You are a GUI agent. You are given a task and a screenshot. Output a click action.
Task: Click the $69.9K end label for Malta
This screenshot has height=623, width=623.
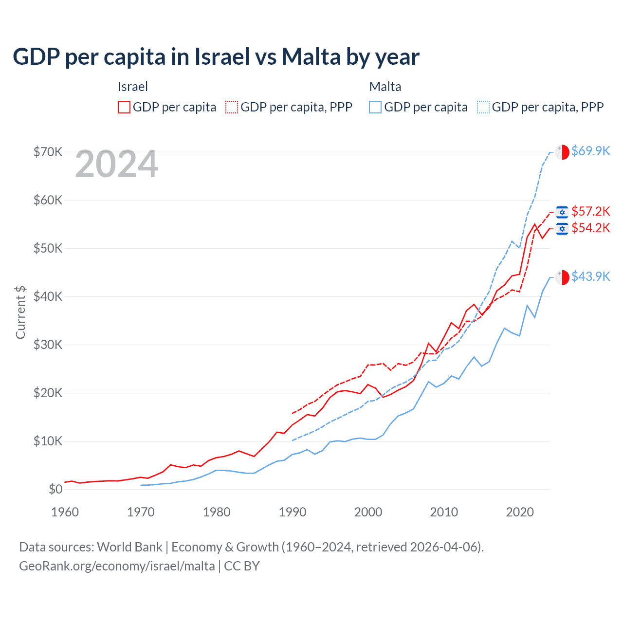pos(590,151)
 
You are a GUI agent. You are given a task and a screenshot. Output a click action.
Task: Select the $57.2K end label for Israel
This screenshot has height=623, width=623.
pos(590,212)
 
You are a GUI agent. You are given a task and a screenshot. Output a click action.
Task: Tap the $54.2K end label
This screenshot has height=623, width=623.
pos(590,228)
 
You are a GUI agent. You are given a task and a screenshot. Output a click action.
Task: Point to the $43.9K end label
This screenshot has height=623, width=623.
pos(590,277)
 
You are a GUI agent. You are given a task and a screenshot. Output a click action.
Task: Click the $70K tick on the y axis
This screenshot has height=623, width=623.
pos(48,152)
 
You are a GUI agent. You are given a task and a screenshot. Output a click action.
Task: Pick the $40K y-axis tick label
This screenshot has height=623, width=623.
pos(48,296)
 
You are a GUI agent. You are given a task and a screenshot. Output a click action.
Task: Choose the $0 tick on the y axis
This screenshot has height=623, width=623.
pos(55,490)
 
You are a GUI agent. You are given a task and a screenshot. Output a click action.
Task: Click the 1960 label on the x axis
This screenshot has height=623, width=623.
pos(65,512)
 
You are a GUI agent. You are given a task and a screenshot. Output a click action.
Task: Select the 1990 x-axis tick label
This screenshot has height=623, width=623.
pos(293,512)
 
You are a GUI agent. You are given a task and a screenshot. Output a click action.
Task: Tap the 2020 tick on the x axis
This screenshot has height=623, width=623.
pos(520,512)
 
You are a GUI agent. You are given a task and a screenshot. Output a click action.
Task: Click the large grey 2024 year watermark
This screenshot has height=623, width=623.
pos(116,165)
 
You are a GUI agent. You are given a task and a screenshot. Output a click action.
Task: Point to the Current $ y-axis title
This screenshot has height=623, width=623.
pos(20,312)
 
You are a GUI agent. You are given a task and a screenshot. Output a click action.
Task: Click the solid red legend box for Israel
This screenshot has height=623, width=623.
pos(124,107)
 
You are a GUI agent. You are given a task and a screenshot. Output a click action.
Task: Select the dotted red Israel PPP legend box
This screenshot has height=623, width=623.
pos(232,107)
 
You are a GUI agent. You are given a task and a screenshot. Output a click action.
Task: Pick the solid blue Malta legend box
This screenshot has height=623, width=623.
pos(375,107)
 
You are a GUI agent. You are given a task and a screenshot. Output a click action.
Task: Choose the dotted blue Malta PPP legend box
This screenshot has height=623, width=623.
pos(483,107)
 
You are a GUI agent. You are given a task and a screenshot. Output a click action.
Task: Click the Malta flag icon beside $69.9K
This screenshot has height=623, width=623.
pos(562,152)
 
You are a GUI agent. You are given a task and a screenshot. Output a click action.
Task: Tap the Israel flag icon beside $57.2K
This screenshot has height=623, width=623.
pos(562,212)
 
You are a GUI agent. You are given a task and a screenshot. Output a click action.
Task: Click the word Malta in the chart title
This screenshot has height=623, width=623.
pos(311,57)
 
